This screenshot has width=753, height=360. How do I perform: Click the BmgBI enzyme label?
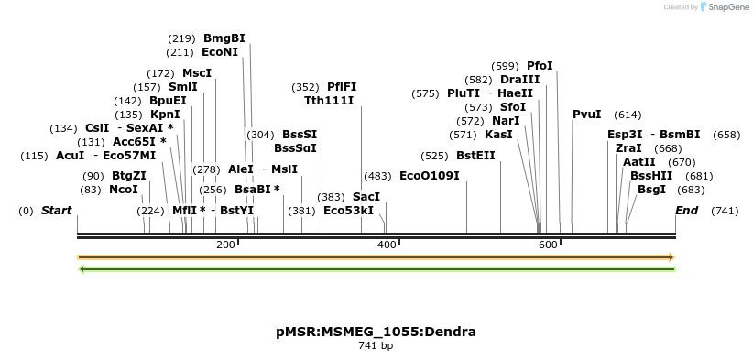coord(224,38)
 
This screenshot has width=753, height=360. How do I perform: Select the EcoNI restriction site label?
coord(220,53)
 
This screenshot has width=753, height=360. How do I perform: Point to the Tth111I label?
coord(329,101)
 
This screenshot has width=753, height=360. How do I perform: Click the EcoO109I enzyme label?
coord(430,176)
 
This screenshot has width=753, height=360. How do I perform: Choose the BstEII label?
coord(475,156)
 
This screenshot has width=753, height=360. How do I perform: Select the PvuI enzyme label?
coord(586,115)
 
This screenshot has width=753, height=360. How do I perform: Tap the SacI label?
coord(366,197)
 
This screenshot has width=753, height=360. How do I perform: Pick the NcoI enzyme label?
coord(124,190)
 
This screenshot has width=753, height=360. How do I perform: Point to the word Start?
coord(56,211)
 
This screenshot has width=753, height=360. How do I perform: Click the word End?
coord(686,211)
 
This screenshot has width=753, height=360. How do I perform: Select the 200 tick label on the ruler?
coord(225,245)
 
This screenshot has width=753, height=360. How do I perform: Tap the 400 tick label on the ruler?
coord(387,245)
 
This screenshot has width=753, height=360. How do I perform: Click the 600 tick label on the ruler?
coord(548,245)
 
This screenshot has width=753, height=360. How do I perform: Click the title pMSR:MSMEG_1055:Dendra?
coord(376,332)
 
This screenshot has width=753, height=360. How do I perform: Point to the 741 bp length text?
coord(376,346)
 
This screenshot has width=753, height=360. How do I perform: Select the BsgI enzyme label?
coord(652,190)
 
